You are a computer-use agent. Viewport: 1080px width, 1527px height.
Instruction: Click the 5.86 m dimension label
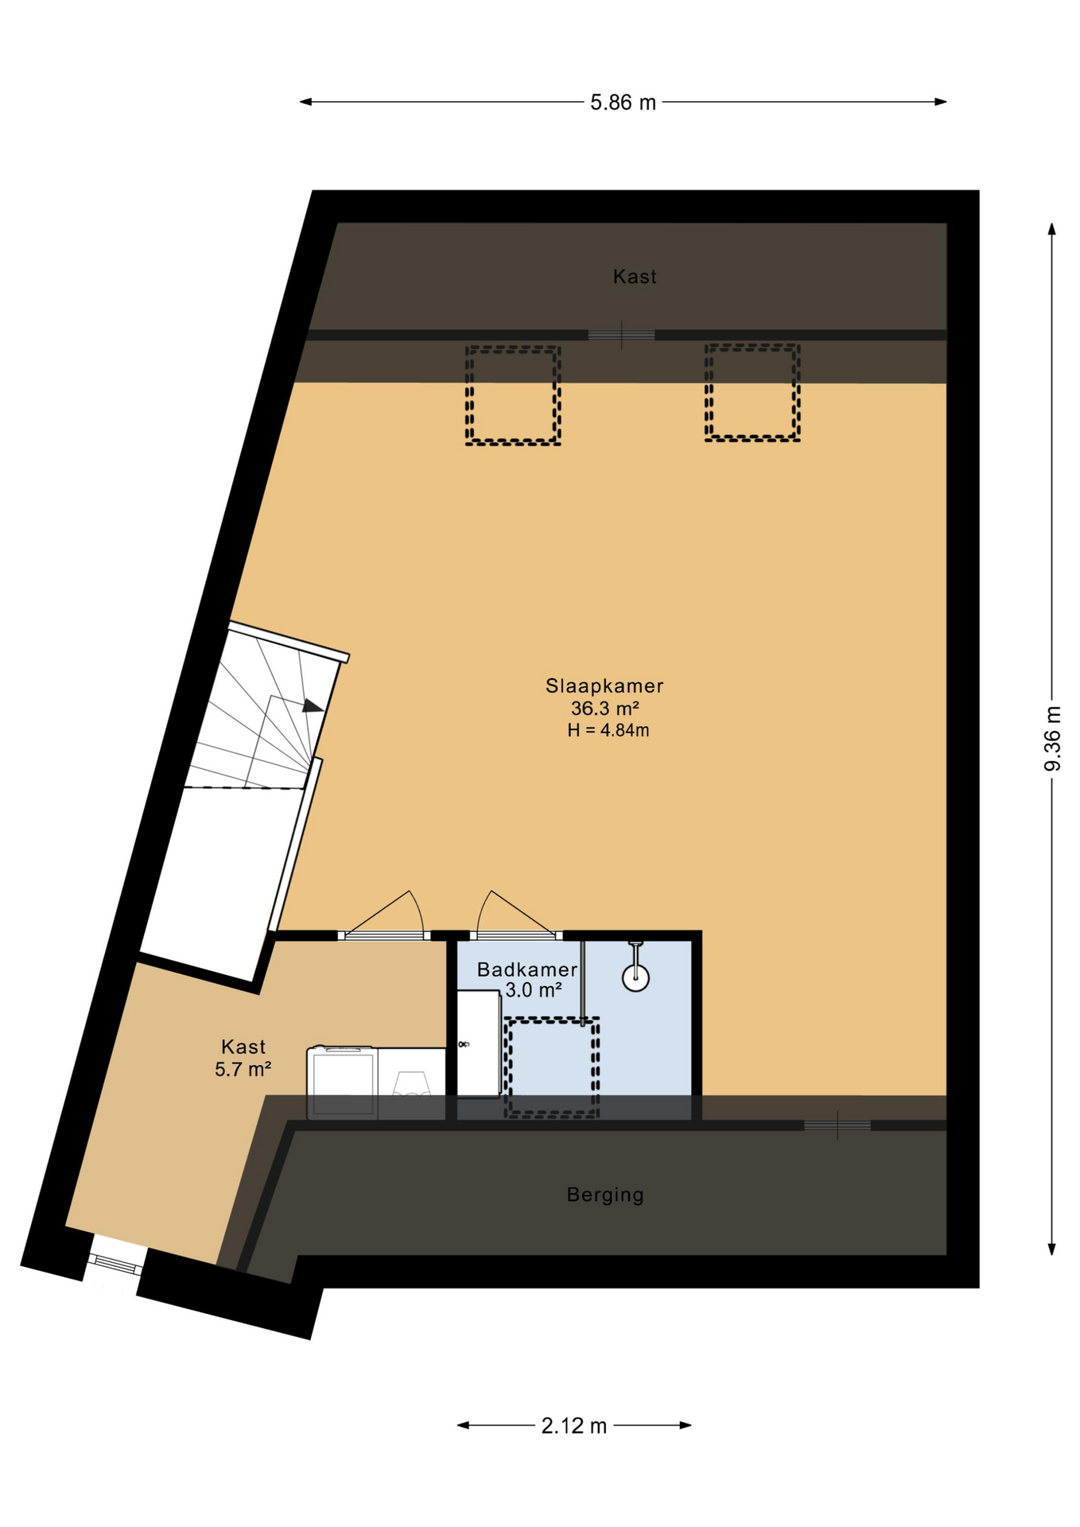pos(623,103)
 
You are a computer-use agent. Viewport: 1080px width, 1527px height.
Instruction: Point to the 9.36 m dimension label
pos(1052,738)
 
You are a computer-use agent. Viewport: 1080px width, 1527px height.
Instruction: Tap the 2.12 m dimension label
pos(573,1426)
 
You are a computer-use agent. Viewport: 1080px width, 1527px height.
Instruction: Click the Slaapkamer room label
pos(604,686)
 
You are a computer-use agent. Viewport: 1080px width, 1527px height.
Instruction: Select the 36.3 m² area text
pos(605,708)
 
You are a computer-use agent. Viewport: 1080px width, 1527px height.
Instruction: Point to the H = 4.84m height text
pos(608,730)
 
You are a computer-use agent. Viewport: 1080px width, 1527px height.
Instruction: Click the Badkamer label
pos(527,969)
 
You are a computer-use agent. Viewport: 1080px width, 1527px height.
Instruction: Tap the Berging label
pos(605,1195)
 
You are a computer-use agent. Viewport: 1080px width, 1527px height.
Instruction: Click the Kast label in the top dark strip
pos(635,277)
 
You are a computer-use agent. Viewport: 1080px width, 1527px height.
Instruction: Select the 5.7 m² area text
pos(243,1070)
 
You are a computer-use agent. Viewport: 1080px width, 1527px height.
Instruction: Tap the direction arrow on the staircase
pos(312,705)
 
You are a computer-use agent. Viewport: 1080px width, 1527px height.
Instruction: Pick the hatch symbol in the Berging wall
pos(837,1125)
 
